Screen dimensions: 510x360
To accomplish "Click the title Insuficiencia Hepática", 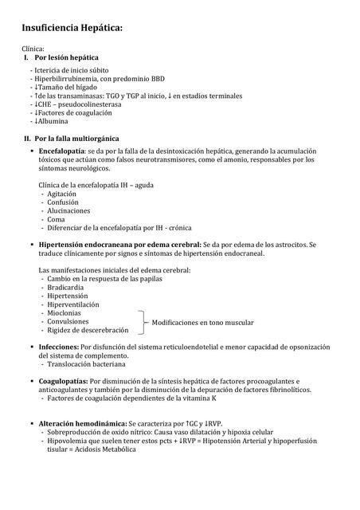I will [72, 29].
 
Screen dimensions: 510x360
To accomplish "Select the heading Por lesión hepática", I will [67, 58].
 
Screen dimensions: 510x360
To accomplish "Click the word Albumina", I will [52, 122].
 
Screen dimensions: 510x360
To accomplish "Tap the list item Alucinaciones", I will [68, 211].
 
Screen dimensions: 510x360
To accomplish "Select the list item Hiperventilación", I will [73, 304].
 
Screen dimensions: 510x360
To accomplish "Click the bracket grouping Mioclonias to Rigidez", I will [144, 322].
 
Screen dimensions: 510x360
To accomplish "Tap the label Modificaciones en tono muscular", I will [203, 323].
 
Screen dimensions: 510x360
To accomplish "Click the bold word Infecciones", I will [59, 347].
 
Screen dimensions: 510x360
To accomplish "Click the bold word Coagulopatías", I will [63, 382].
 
